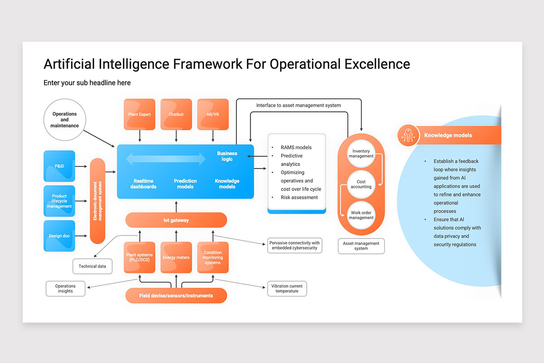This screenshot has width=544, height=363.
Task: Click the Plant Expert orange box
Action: [140, 114]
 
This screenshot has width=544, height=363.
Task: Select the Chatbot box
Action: [176, 114]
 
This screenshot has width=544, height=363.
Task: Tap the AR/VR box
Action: [213, 114]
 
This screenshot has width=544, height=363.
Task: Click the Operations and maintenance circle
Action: [65, 120]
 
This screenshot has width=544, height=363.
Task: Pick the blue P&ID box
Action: [59, 166]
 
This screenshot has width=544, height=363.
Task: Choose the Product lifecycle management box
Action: [59, 201]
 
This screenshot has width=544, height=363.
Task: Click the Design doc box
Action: [59, 236]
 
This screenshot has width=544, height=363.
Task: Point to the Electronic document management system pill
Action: [97, 201]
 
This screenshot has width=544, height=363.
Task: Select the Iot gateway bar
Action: [176, 220]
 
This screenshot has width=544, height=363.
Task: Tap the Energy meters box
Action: [176, 258]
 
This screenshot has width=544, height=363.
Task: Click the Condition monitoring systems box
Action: [213, 258]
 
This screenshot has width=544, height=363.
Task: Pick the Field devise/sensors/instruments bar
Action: [176, 295]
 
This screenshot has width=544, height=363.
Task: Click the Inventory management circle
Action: [361, 153]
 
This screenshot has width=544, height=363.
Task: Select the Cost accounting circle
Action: [361, 184]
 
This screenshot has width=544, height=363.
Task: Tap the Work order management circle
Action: [361, 215]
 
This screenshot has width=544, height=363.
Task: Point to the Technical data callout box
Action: [92, 266]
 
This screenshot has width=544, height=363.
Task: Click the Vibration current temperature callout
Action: [287, 289]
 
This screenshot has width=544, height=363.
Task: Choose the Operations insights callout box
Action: [65, 289]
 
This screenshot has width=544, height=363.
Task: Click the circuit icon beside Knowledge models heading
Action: [408, 135]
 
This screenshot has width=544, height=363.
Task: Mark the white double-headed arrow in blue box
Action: [165, 158]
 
